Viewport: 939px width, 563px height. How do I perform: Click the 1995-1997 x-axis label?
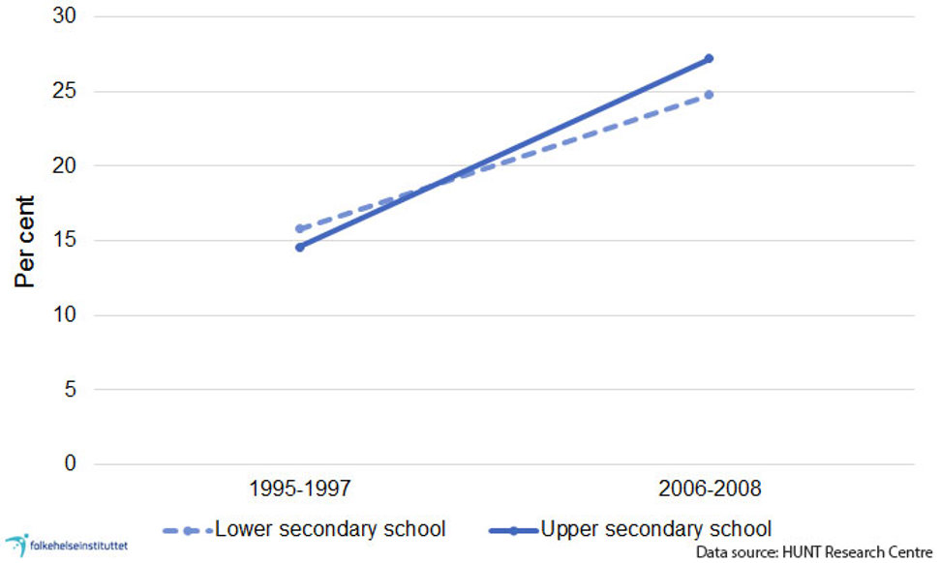[300, 489]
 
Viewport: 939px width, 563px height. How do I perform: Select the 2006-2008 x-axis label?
[709, 489]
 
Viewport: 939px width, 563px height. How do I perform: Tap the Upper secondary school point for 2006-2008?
[709, 59]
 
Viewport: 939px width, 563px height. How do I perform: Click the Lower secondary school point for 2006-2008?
[709, 95]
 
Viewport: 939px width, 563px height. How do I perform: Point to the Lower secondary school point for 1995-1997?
[300, 229]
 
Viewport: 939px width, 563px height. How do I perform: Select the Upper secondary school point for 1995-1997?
[300, 248]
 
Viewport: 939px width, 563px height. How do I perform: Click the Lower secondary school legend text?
[330, 529]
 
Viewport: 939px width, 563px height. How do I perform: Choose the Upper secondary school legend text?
[656, 529]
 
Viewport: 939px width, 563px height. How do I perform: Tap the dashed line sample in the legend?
[187, 530]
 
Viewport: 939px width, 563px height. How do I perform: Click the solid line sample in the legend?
[513, 530]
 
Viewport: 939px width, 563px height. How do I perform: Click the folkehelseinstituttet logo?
[66, 545]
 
